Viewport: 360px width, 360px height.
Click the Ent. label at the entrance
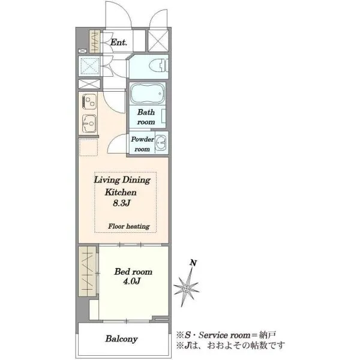[118, 42]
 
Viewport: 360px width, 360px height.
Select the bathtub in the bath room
[148, 93]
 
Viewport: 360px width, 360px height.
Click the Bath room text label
[146, 117]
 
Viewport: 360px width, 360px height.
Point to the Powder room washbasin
[161, 142]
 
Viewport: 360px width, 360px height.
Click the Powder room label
[142, 144]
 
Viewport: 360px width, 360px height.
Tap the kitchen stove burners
[89, 102]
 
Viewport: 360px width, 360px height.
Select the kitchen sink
[89, 124]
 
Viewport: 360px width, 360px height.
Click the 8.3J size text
[122, 203]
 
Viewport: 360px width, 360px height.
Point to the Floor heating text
[129, 226]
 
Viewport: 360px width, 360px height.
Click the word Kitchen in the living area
[121, 192]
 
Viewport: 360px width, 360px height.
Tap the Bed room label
[133, 272]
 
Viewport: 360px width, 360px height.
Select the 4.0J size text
[132, 281]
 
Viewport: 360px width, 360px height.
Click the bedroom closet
[88, 271]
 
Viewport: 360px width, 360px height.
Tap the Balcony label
[121, 339]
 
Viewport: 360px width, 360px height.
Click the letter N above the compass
[194, 263]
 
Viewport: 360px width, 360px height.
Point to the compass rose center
[187, 288]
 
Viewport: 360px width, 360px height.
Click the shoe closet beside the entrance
[95, 41]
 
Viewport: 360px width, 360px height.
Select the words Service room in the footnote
[224, 335]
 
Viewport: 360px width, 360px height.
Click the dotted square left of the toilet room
[89, 66]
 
